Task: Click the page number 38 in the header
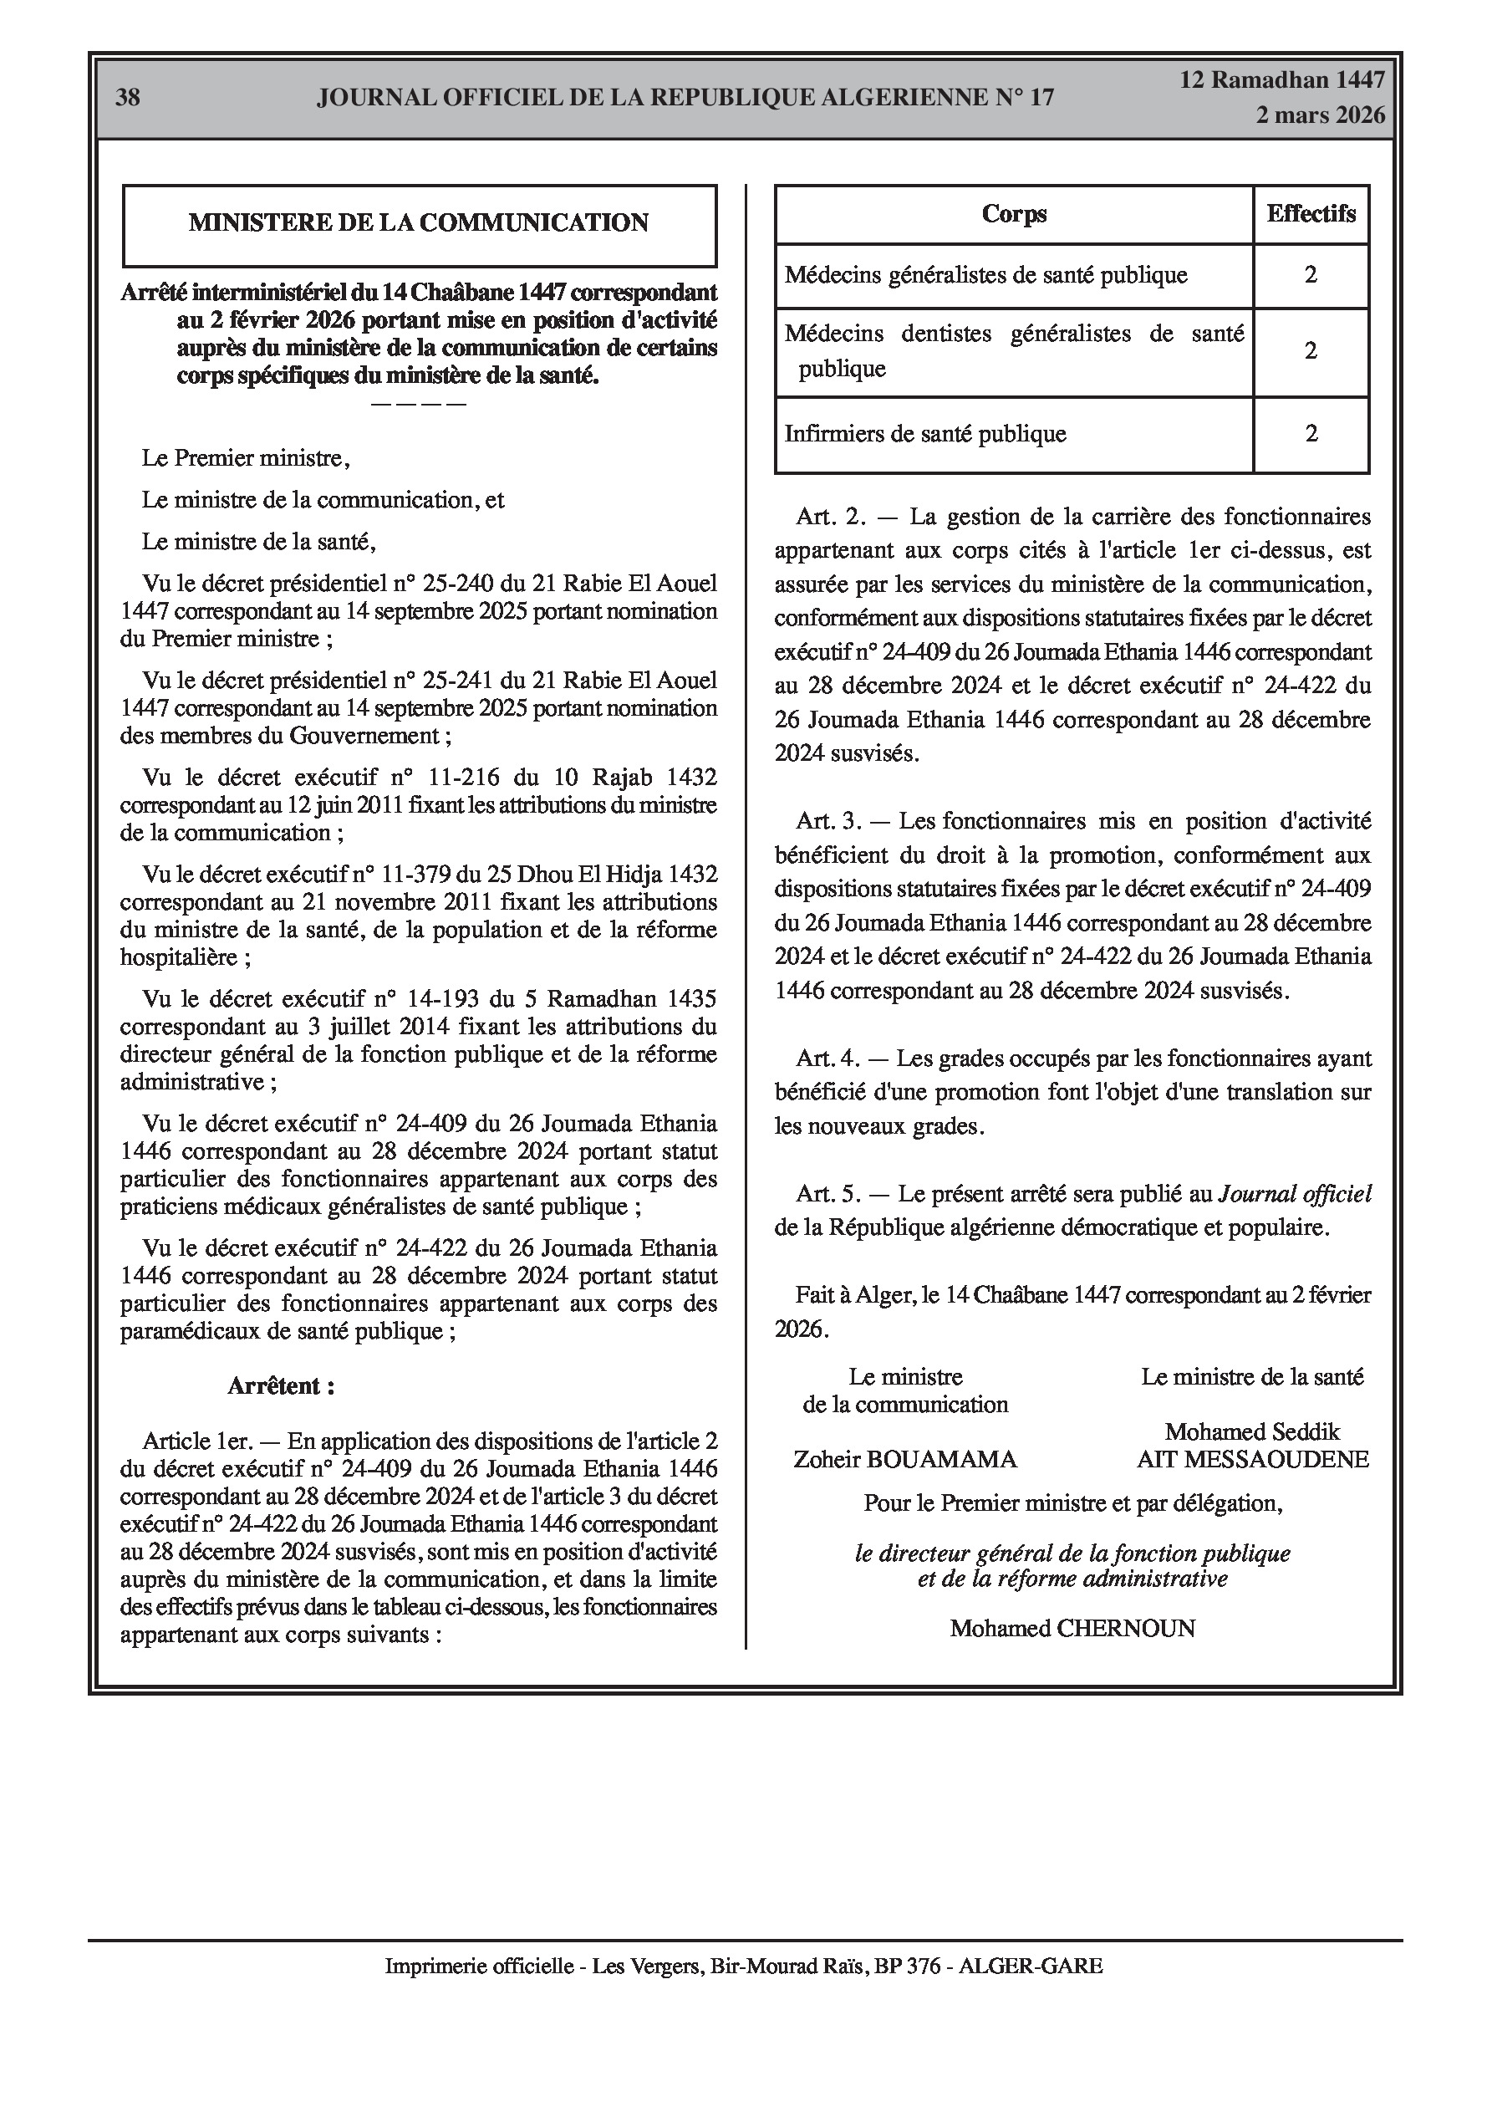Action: (128, 98)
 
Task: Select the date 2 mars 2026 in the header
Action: (1320, 115)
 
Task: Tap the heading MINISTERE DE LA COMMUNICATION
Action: (419, 222)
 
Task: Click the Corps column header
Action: (1014, 214)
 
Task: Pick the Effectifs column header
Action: (1311, 214)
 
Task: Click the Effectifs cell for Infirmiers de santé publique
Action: (1311, 434)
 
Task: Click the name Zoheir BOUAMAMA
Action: (905, 1459)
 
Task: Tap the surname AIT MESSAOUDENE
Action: (1253, 1459)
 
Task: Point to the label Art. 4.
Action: (827, 1059)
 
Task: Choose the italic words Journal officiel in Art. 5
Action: (1294, 1194)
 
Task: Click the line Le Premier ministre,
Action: (246, 458)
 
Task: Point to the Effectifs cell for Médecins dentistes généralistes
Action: (1311, 351)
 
